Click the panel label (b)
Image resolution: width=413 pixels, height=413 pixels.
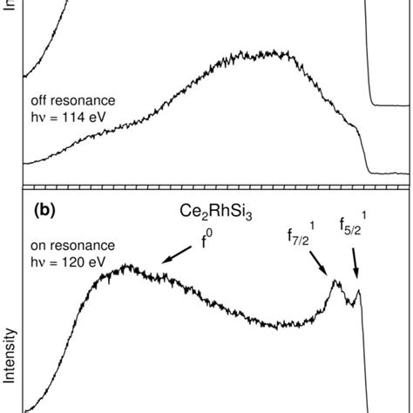50,211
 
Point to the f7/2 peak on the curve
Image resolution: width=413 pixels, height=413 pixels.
335,281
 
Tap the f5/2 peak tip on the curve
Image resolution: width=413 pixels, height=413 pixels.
358,291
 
